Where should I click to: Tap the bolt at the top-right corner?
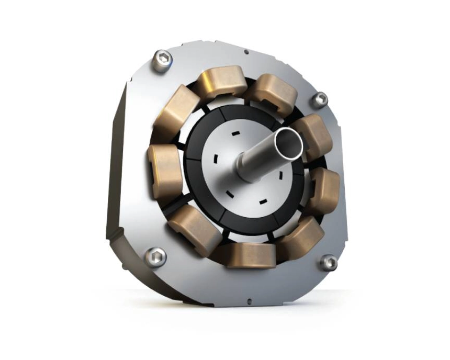(x=319, y=99)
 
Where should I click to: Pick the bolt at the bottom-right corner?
(x=329, y=262)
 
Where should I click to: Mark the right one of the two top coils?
(x=271, y=92)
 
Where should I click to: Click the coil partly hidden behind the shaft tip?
(x=314, y=136)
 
